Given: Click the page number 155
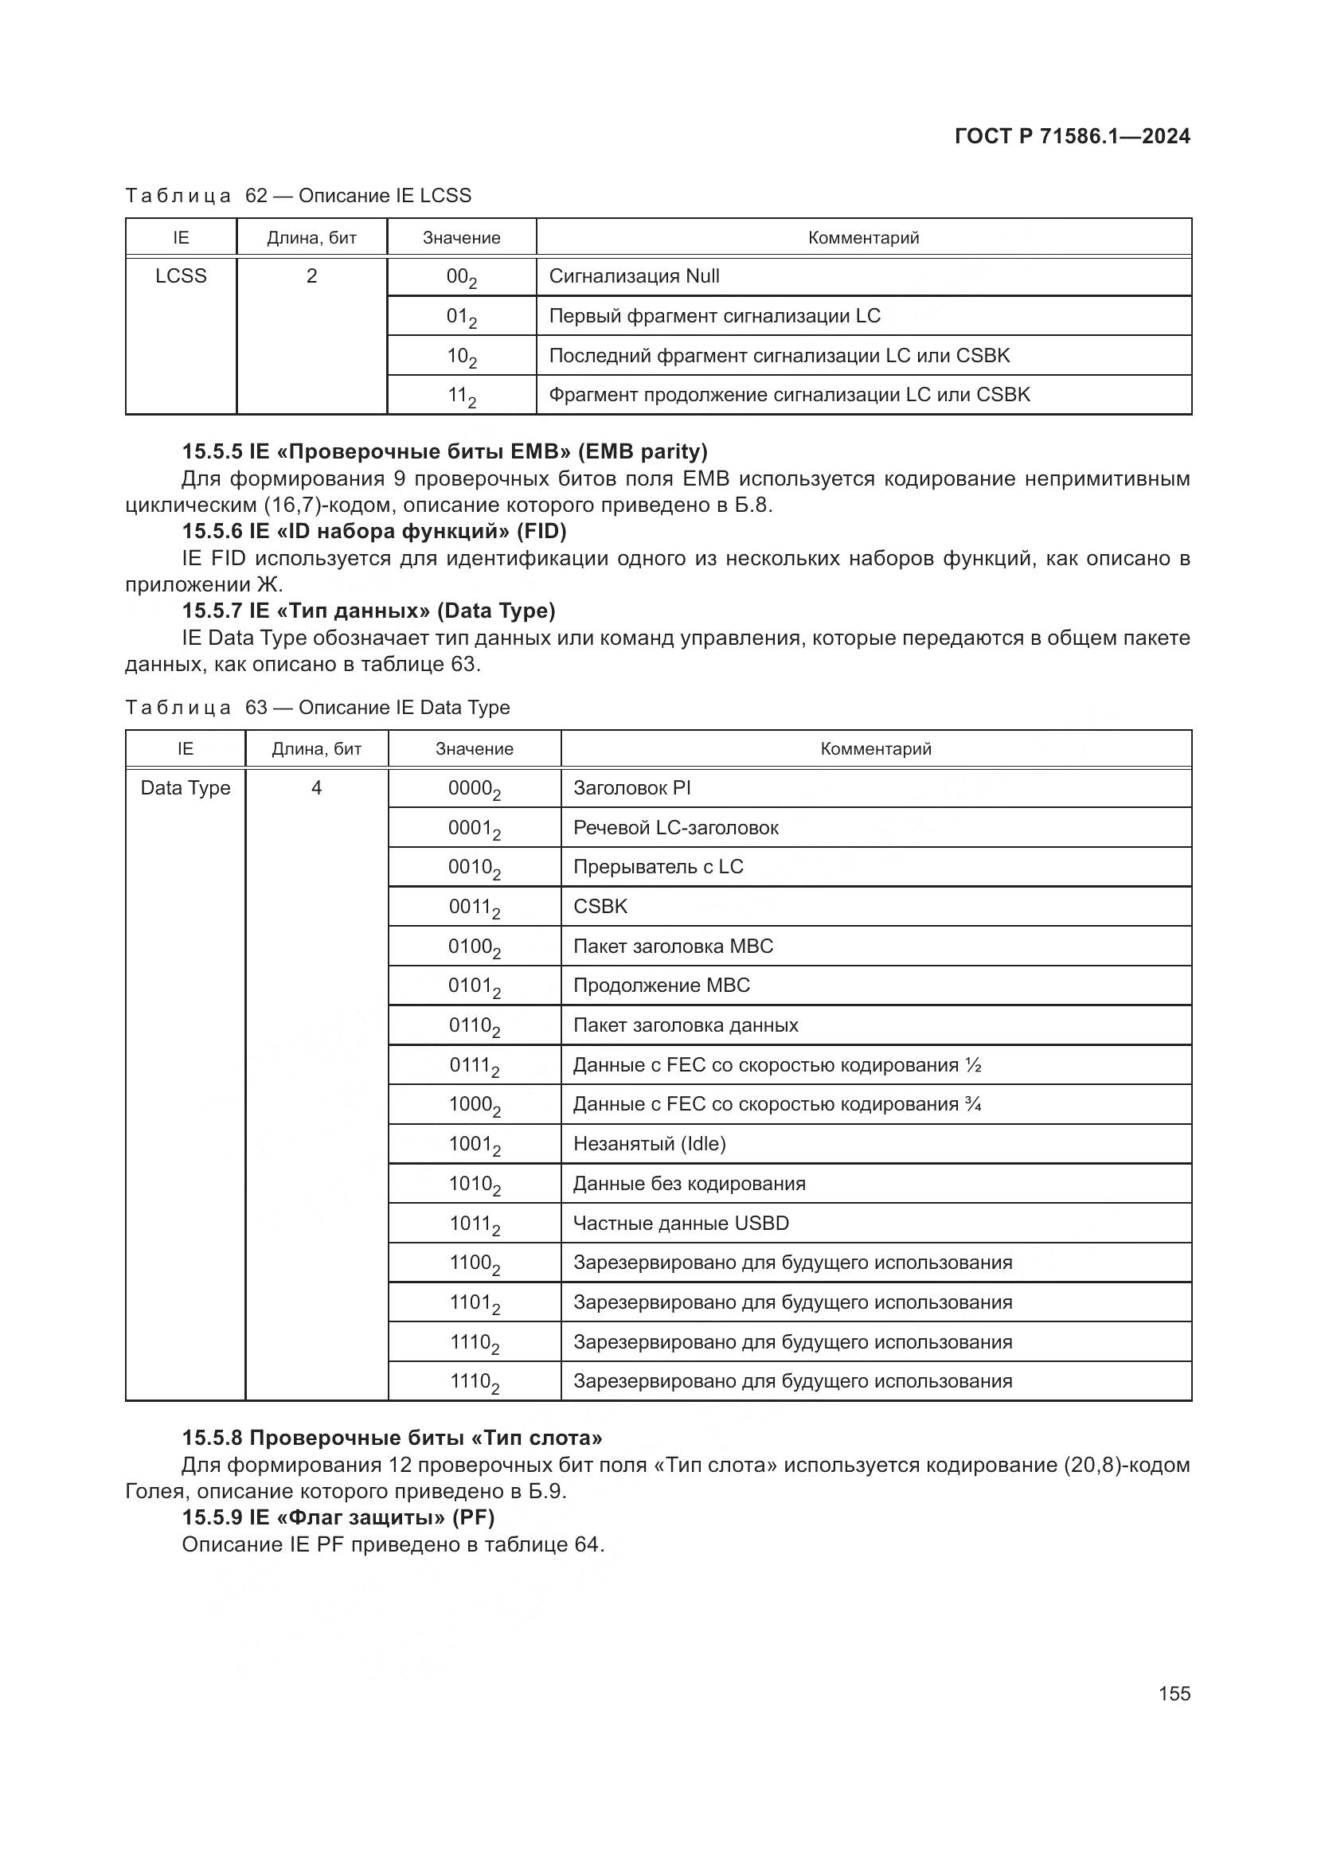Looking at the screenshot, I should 1174,1693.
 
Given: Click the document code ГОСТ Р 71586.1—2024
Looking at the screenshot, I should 1072,136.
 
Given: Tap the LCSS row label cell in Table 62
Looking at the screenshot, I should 181,276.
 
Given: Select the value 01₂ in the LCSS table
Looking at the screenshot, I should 460,317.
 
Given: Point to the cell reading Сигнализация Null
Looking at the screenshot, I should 634,276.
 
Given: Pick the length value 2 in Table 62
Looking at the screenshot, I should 311,276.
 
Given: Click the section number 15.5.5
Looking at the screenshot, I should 212,451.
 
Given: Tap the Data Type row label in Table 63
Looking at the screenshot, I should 185,788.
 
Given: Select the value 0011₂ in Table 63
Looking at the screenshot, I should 475,908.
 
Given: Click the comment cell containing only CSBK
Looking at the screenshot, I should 600,907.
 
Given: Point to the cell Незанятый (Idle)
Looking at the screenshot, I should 649,1144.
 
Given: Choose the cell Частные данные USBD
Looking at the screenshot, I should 680,1224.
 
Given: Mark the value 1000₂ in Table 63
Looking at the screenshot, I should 475,1106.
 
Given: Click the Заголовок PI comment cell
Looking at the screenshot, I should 631,788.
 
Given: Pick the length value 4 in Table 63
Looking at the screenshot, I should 316,788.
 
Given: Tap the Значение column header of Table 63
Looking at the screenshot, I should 475,749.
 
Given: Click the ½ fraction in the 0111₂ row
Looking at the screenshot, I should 973,1066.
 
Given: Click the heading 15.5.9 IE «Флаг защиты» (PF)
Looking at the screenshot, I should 338,1517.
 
